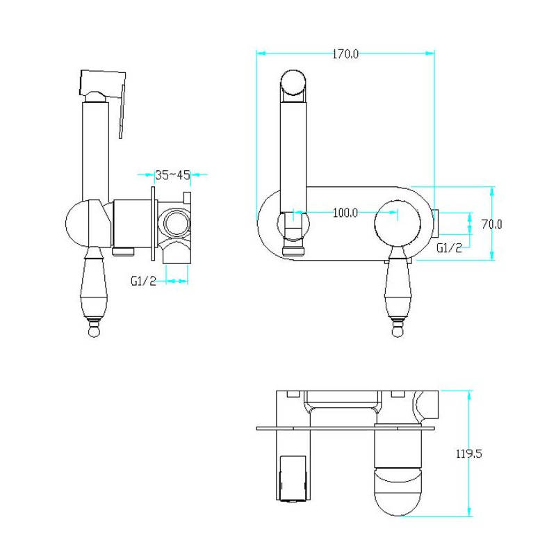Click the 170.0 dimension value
pos(345,54)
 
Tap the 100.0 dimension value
pos(345,213)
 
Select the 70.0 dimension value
pos(491,224)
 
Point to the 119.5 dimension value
pos(468,454)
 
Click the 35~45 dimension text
pos(172,175)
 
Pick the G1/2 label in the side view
pos(143,281)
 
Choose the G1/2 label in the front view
pos(449,248)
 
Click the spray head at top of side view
pos(103,83)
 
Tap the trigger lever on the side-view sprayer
pos(122,111)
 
